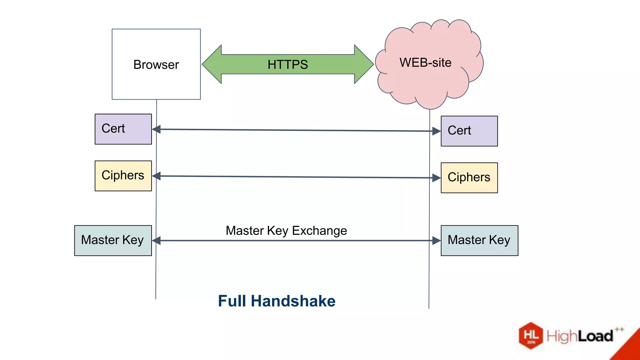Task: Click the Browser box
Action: coord(156,64)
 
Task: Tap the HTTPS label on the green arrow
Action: coord(287,64)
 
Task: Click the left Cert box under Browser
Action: coord(123,129)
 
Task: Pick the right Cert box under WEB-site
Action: coord(469,131)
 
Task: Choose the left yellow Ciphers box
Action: coord(123,176)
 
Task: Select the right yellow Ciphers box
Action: coord(469,177)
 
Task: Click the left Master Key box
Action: coord(113,240)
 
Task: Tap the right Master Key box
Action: coord(479,240)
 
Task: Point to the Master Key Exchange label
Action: coord(286,231)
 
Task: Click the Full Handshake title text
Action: coord(277,301)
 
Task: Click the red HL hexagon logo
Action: coord(531,336)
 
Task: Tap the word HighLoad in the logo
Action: coord(580,336)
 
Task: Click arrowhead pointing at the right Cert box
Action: coord(436,131)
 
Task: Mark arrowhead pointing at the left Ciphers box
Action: coord(157,176)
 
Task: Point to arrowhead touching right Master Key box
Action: coord(436,241)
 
